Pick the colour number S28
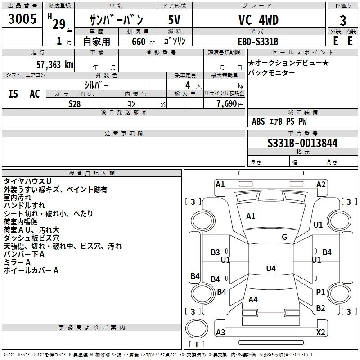point(75,104)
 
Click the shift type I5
point(13,94)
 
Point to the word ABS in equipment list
point(258,121)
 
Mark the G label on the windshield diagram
point(284,237)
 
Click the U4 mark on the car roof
point(270,269)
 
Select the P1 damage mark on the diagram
point(320,292)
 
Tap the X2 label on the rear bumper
point(321,333)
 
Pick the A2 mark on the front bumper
point(321,184)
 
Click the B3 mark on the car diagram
point(216,252)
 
